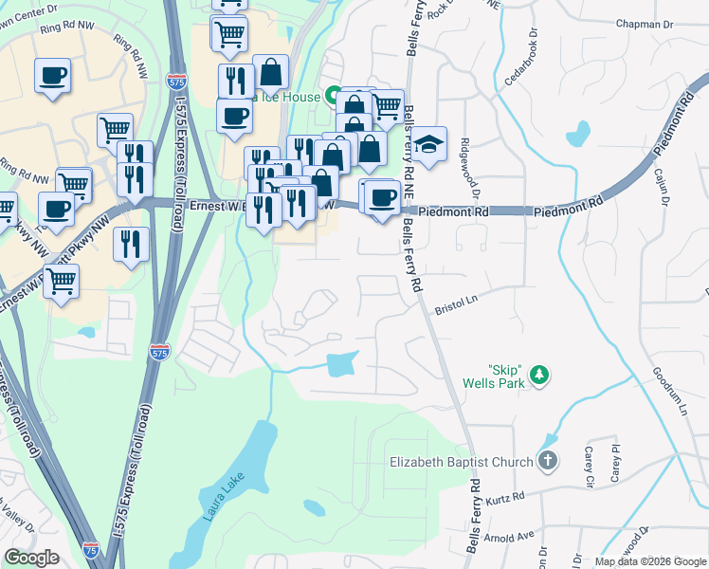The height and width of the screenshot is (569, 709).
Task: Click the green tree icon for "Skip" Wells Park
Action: pos(539,376)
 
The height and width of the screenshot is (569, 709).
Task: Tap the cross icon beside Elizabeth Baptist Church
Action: pos(547,462)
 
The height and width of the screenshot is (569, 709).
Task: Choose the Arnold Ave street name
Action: pos(512,538)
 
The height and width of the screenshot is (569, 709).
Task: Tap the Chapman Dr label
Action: pos(644,25)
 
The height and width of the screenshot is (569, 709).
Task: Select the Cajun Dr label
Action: pos(661,187)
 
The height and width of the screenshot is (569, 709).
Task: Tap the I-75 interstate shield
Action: pos(90,549)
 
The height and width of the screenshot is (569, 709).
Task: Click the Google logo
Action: pos(31,558)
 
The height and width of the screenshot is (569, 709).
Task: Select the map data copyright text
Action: pos(650,561)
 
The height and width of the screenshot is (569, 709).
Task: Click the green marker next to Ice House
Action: pos(334,95)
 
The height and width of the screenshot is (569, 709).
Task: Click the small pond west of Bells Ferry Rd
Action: pos(342,363)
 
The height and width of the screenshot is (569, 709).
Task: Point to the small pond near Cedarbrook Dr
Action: pos(577,134)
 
